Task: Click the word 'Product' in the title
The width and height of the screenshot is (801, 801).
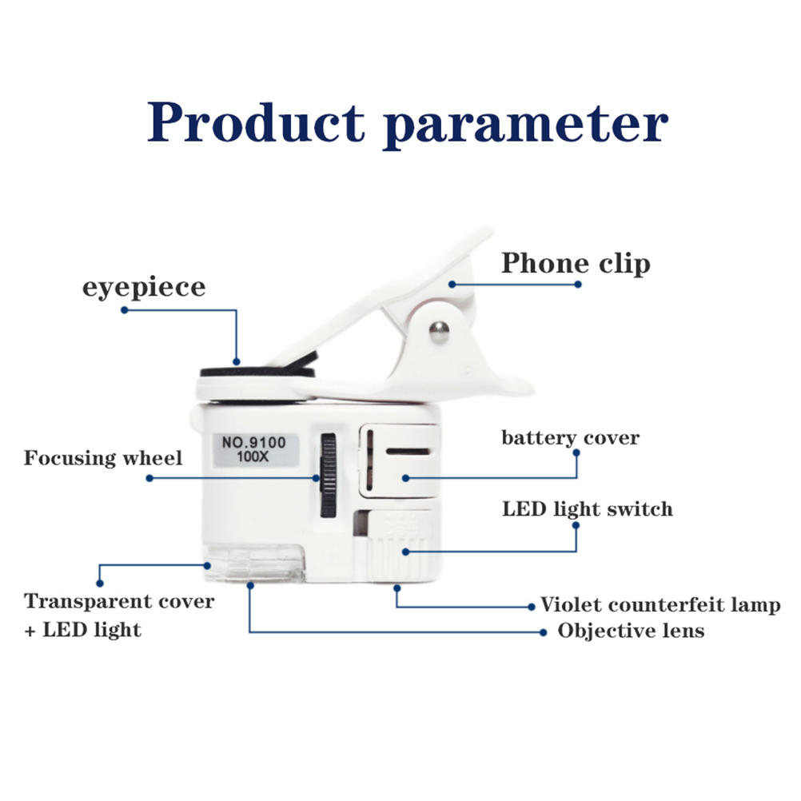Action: (x=256, y=122)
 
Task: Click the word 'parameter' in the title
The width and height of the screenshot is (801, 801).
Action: (x=526, y=126)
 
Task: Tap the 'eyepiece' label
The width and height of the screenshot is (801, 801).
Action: (x=144, y=287)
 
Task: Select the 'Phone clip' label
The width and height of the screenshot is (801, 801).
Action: (x=576, y=264)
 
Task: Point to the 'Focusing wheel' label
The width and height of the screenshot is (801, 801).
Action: (x=103, y=458)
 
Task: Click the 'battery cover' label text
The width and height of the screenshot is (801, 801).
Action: (x=571, y=438)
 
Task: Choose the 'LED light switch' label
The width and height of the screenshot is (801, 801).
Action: (x=588, y=508)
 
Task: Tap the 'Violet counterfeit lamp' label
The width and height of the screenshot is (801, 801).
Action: (x=660, y=605)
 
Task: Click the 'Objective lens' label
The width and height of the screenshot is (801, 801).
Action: (x=631, y=631)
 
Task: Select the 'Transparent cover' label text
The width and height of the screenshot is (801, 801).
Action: (x=119, y=601)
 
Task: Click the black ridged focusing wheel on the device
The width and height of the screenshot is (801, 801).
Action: (x=328, y=476)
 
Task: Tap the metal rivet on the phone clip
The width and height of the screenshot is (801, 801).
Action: (x=438, y=332)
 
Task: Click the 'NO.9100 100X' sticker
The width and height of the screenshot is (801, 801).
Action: (x=255, y=449)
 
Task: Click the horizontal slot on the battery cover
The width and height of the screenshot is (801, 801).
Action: (x=408, y=452)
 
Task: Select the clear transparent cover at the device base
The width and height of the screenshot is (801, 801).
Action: (x=254, y=563)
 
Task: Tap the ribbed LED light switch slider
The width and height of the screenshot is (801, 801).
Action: (x=398, y=547)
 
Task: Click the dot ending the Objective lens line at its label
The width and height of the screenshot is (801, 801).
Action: (x=543, y=632)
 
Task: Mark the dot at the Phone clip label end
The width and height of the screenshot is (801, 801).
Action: (x=578, y=285)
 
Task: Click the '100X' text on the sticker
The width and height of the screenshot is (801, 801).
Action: (x=253, y=456)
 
